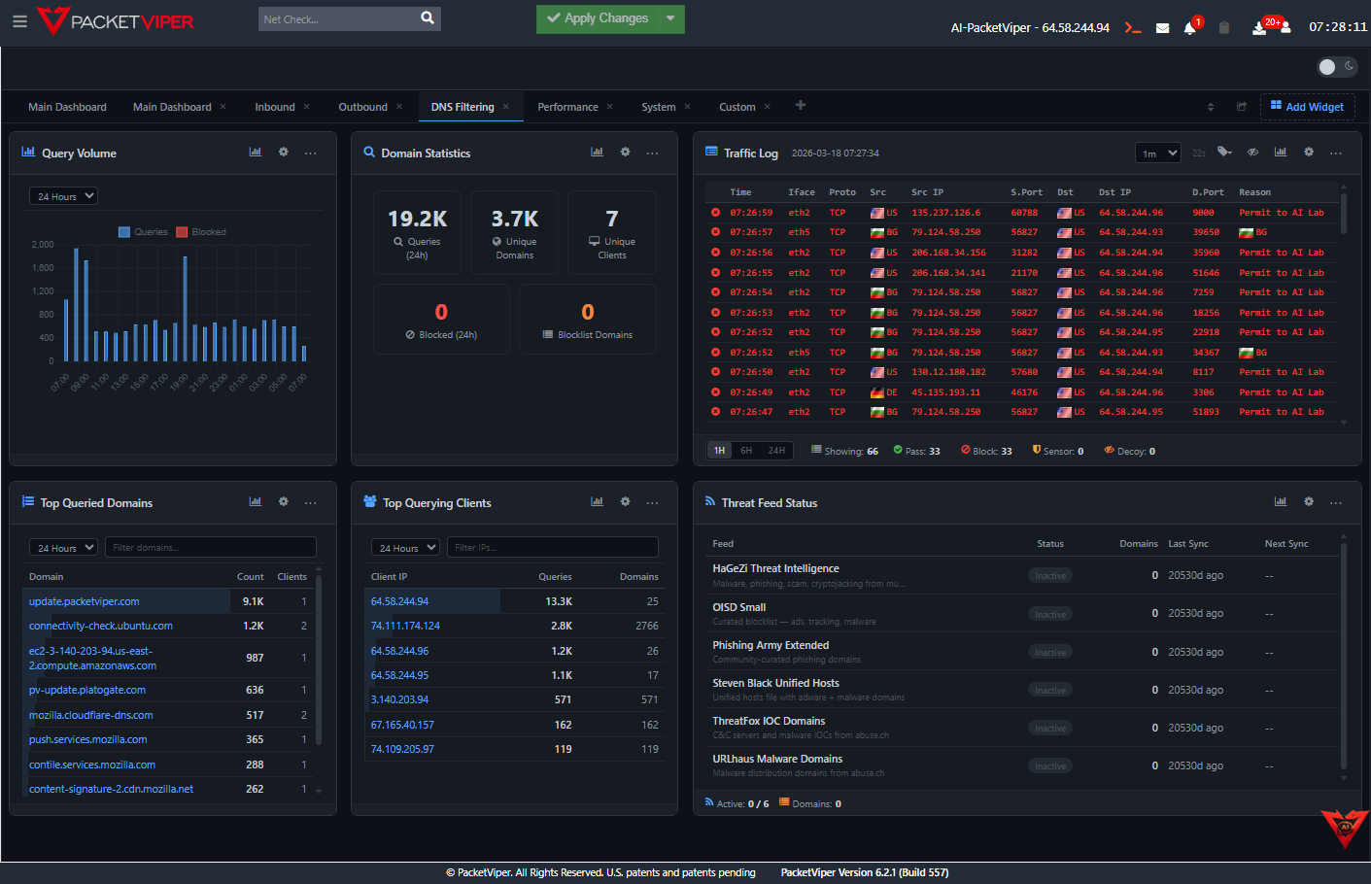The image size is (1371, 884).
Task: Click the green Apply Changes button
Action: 597,18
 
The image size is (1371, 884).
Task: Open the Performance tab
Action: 567,107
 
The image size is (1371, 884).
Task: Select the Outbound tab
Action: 362,107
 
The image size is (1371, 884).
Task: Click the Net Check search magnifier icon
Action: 428,18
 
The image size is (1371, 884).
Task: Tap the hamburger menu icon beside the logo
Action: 19,20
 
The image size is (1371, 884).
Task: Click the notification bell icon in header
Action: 1189,28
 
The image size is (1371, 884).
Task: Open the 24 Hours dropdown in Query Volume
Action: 63,196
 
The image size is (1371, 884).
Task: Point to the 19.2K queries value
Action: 417,220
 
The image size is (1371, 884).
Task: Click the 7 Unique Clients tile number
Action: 612,220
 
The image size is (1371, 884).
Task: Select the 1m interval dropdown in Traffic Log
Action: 1158,153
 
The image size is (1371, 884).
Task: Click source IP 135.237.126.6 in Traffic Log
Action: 945,213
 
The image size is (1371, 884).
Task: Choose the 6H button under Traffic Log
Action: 746,451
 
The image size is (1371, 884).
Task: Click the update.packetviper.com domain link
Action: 85,601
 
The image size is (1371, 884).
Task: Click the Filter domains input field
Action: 210,548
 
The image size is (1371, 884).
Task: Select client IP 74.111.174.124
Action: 405,626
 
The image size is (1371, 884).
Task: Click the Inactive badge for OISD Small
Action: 1050,614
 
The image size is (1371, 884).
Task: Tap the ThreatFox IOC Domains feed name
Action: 769,721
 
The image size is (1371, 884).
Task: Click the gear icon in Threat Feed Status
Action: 1309,502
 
